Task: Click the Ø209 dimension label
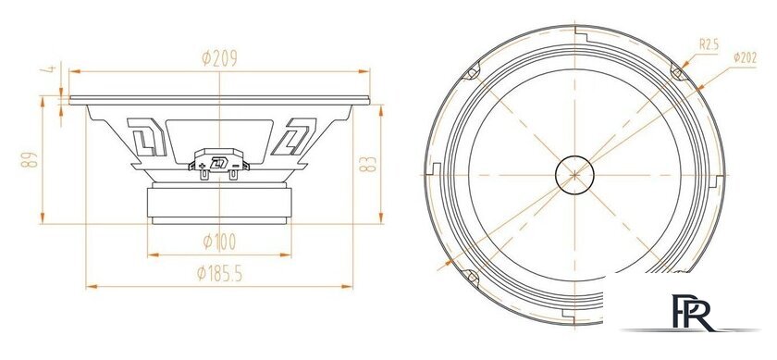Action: (220, 59)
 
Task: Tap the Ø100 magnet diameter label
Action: (220, 242)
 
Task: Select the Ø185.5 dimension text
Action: (220, 274)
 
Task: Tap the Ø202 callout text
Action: (746, 56)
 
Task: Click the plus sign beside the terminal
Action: (202, 166)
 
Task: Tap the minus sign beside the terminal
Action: (238, 166)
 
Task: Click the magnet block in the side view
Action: (220, 201)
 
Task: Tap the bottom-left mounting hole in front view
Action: (470, 276)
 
